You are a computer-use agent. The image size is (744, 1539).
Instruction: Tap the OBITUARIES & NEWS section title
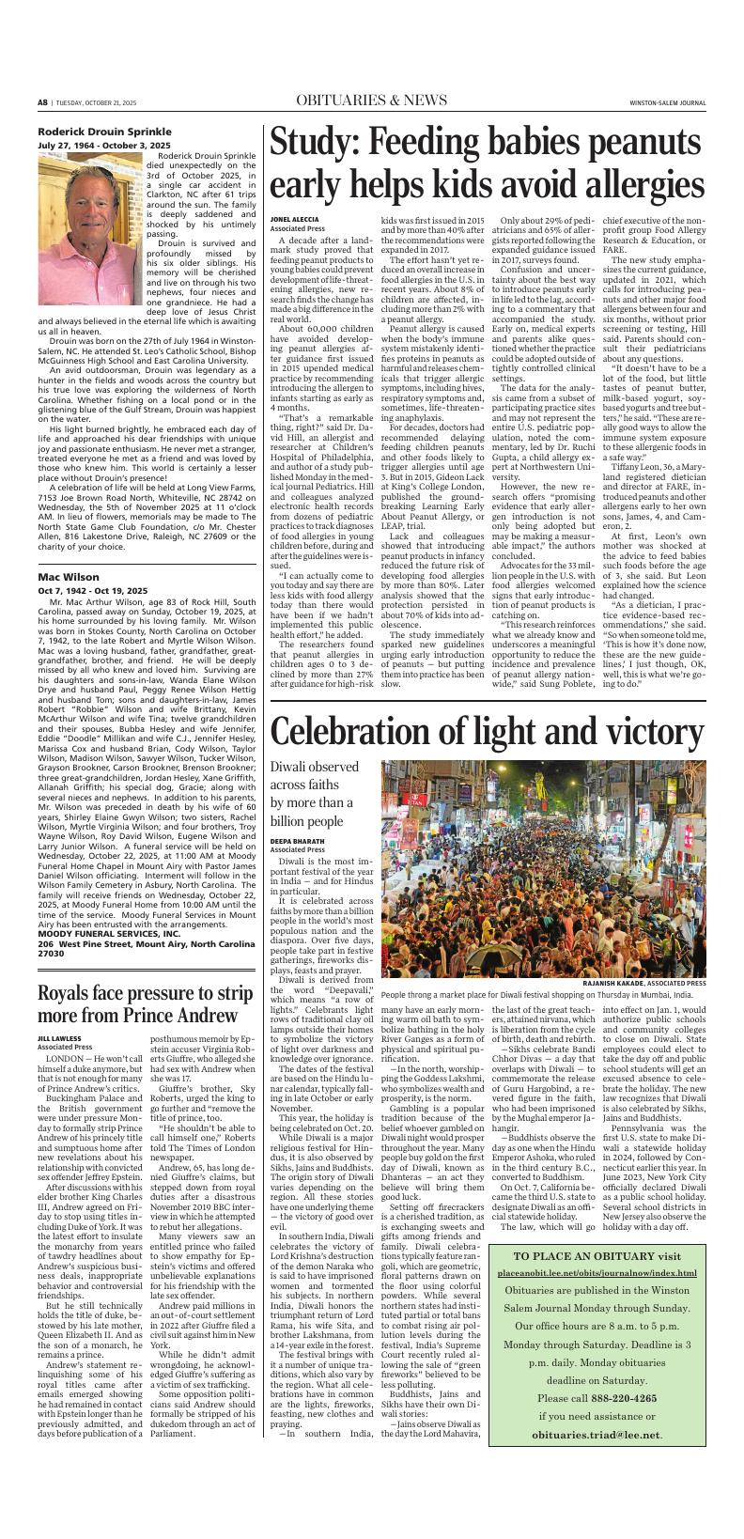371,101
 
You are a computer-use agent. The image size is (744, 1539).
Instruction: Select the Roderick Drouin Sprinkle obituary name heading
104,131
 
